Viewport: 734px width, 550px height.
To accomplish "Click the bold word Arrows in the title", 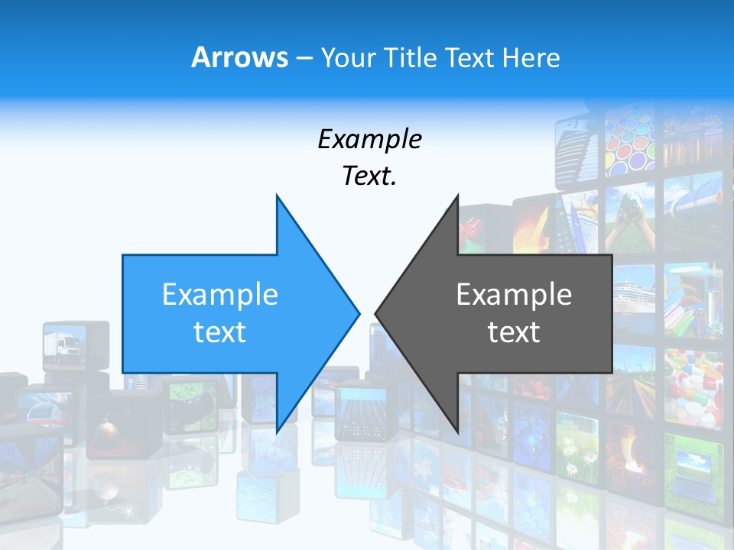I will tap(240, 57).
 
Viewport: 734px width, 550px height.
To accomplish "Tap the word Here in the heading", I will tap(531, 58).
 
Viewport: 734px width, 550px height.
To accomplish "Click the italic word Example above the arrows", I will tap(370, 139).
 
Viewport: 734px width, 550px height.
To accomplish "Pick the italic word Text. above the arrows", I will tap(370, 176).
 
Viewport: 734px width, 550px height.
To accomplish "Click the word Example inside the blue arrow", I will tap(220, 294).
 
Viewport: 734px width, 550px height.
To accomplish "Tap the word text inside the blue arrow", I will tap(220, 332).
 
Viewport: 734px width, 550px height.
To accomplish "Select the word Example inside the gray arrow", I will tap(514, 294).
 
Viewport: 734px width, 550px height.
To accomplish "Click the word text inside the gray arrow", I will tap(514, 332).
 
